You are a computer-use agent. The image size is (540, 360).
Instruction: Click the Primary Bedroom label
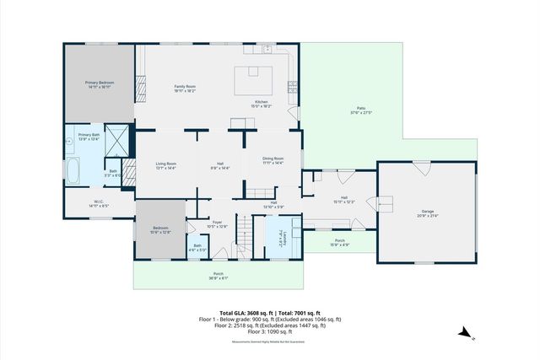[x=100, y=83]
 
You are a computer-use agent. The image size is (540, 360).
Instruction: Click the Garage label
[x=428, y=212]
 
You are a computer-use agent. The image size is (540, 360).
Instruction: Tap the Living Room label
[x=165, y=165]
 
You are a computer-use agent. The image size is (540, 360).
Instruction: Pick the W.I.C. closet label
[x=99, y=203]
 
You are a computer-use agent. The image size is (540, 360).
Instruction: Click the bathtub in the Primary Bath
[x=73, y=172]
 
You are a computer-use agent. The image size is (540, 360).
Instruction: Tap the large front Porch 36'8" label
[x=218, y=276]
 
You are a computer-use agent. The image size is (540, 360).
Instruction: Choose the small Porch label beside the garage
[x=340, y=242]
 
